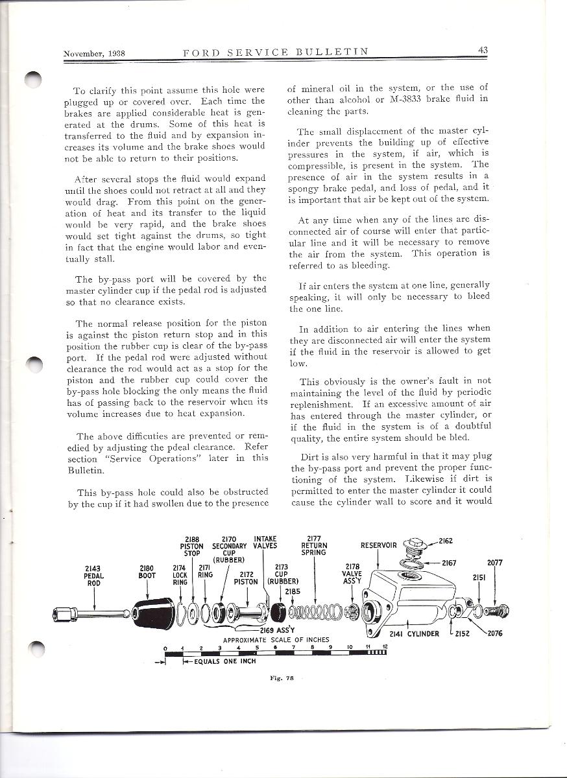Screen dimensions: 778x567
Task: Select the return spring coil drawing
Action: pos(315,610)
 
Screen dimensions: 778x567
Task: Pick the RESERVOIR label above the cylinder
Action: pos(379,545)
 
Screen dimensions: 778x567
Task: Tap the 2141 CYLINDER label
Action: pos(415,633)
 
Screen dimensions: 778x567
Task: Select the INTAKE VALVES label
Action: pos(265,542)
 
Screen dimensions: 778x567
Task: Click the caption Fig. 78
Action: pos(282,678)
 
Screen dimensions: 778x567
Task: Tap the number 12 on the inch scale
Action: pos(385,647)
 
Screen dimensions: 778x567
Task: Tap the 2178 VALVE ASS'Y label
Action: pos(352,573)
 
